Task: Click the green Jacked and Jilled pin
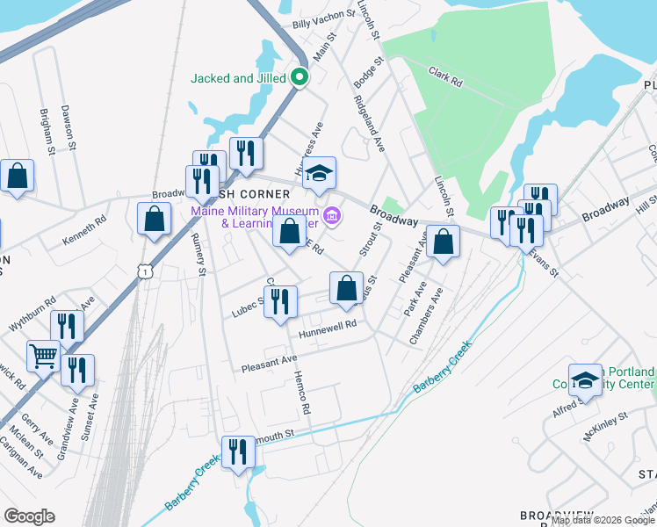[299, 78]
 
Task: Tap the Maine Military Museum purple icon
[332, 214]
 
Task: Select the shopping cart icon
[42, 356]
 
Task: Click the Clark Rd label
[445, 76]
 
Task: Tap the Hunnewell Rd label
[327, 326]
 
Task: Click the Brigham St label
[47, 133]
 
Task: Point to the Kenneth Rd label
[84, 230]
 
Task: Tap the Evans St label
[545, 262]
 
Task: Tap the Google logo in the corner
[29, 516]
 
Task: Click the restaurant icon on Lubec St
[280, 302]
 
